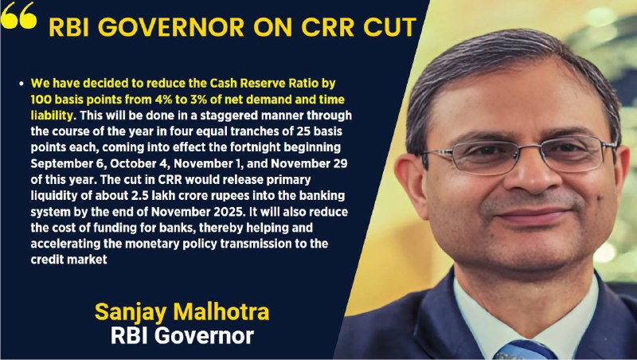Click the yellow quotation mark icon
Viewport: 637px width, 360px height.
click(x=18, y=15)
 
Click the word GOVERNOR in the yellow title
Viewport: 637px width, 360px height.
click(x=170, y=27)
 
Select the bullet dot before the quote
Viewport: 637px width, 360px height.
click(x=21, y=84)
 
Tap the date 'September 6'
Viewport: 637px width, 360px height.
click(x=68, y=164)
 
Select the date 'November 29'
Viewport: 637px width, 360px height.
click(x=309, y=164)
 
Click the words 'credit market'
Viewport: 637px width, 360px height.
click(x=69, y=259)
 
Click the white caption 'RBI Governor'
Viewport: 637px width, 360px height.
click(x=182, y=336)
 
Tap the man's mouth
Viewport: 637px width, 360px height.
click(x=532, y=215)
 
